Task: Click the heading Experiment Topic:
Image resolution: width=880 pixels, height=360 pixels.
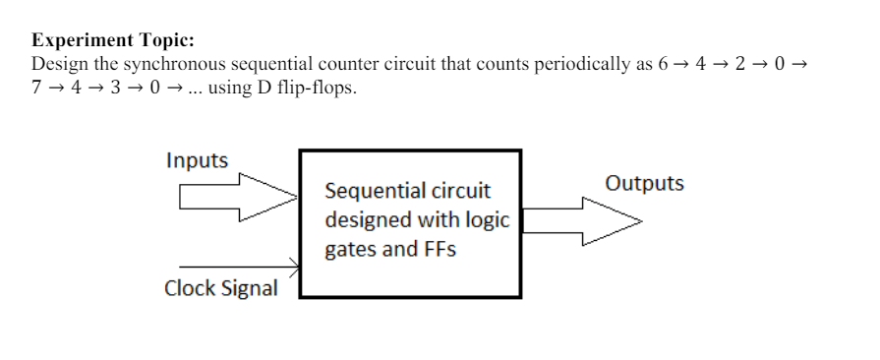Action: pos(113,40)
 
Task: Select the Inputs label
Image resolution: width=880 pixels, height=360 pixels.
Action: pos(197,160)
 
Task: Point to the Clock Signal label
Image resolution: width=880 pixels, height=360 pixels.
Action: pos(220,288)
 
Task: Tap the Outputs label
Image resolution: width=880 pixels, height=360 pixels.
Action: pos(644,184)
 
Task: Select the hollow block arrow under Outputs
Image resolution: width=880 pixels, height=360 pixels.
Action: pos(580,221)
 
